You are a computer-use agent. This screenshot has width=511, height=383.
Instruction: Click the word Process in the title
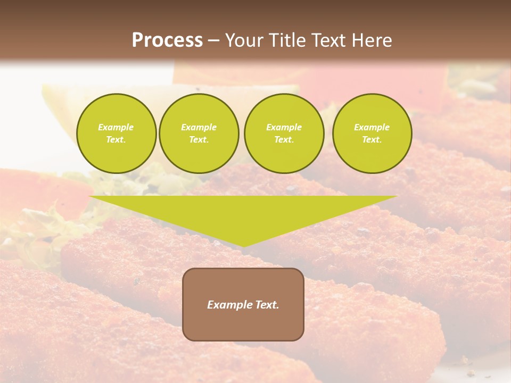click(167, 40)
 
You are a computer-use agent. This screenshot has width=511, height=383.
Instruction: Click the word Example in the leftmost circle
click(116, 127)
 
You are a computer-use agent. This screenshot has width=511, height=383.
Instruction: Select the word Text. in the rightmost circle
click(372, 139)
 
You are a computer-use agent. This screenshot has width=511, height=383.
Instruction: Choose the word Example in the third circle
click(284, 127)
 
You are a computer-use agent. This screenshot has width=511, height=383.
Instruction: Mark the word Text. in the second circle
click(199, 139)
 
